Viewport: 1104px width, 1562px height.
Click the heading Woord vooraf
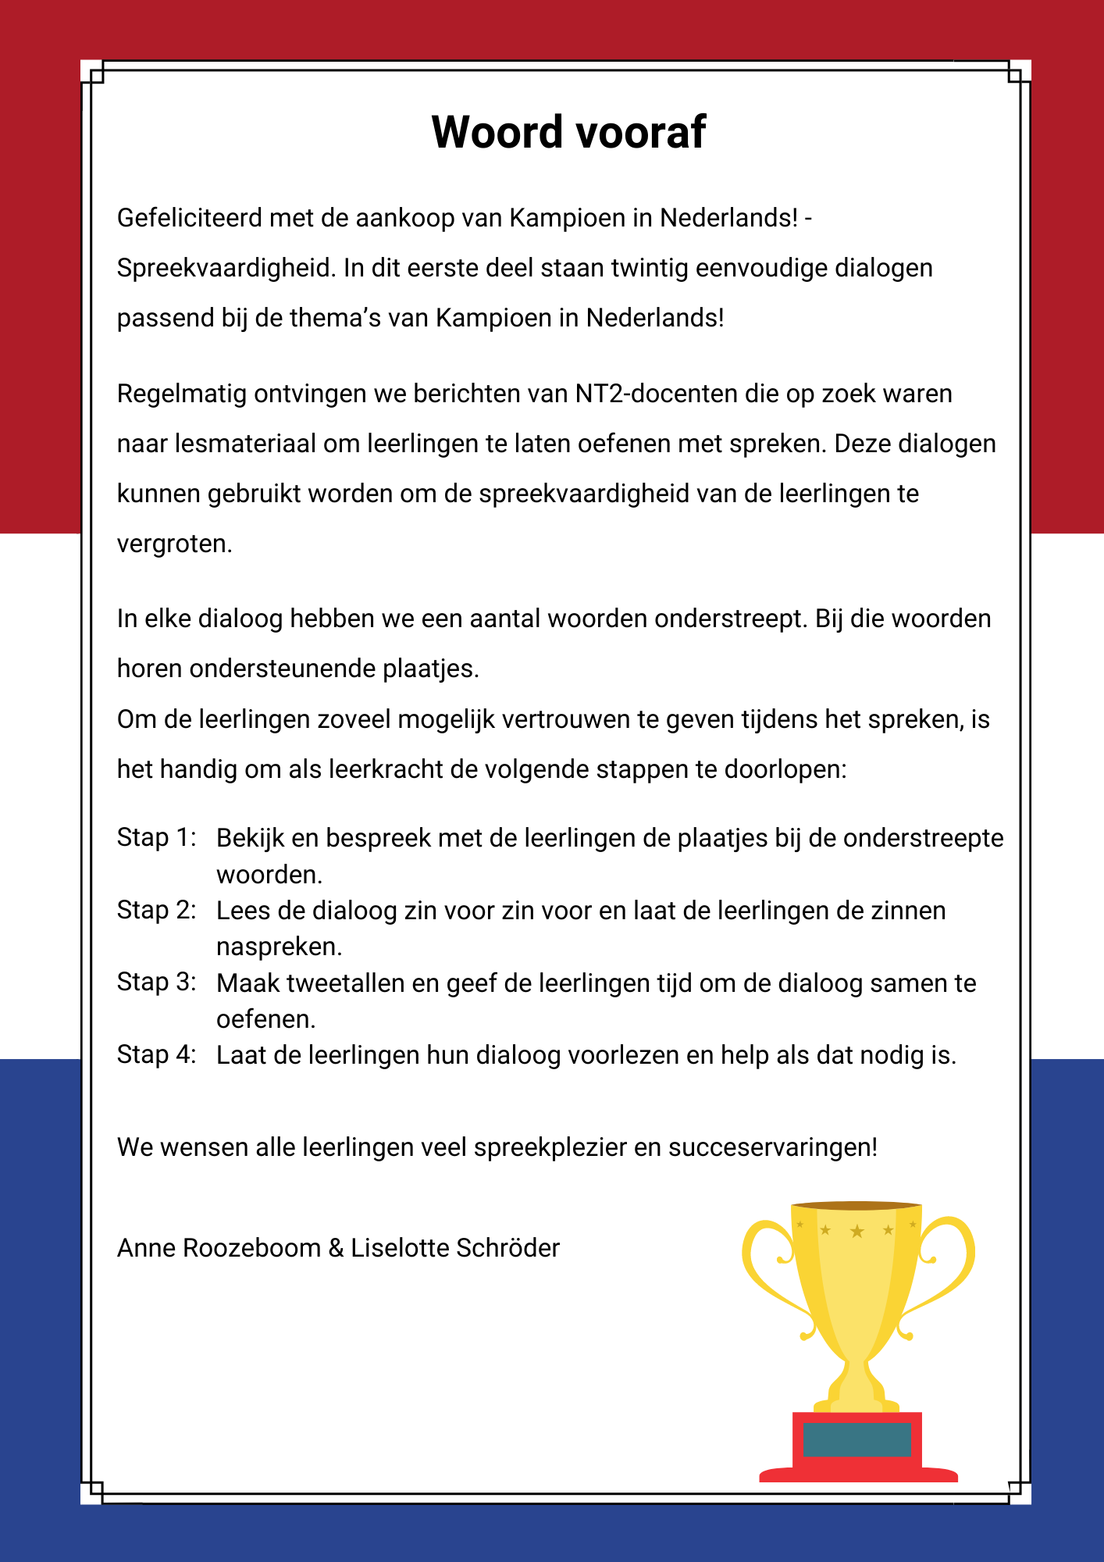[x=568, y=132]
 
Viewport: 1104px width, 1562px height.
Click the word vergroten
[x=173, y=544]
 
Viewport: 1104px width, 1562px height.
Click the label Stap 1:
[x=156, y=837]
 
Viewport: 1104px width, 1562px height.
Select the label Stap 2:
[x=156, y=910]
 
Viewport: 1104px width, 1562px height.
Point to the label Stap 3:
[x=156, y=982]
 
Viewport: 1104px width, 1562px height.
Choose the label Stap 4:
[x=156, y=1054]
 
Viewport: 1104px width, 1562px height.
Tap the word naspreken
[x=279, y=947]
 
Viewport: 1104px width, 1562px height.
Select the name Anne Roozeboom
[x=219, y=1248]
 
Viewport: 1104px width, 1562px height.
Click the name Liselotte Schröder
[x=455, y=1248]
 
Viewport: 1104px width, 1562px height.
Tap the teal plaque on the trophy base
[x=856, y=1439]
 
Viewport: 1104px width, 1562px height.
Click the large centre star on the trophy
[x=856, y=1232]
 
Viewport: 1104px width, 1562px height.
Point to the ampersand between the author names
[x=337, y=1248]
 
